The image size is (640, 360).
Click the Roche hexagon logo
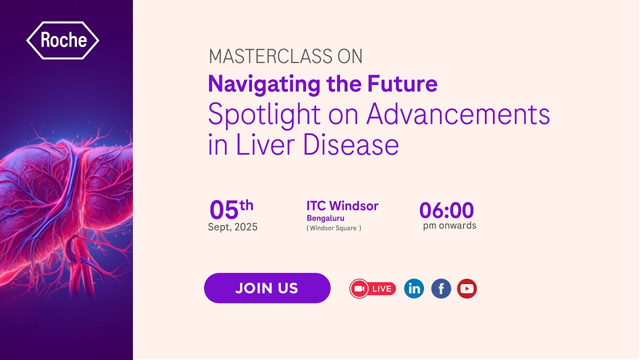click(x=62, y=40)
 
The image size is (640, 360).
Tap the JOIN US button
click(x=267, y=288)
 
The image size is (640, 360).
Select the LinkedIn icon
click(x=414, y=288)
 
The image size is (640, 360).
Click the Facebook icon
click(x=441, y=288)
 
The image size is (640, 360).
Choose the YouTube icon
click(x=467, y=288)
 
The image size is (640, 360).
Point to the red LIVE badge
click(x=373, y=288)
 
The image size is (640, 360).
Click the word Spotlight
click(x=265, y=115)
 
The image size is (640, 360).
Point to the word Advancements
click(x=458, y=114)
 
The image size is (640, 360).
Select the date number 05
click(x=224, y=210)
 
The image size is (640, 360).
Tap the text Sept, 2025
click(x=232, y=227)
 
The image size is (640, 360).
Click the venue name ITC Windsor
click(x=342, y=206)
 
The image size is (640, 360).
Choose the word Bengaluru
click(x=325, y=218)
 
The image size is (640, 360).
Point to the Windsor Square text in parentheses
click(x=333, y=228)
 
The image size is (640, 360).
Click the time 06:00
click(x=446, y=210)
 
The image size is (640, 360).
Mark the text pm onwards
click(x=449, y=225)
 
